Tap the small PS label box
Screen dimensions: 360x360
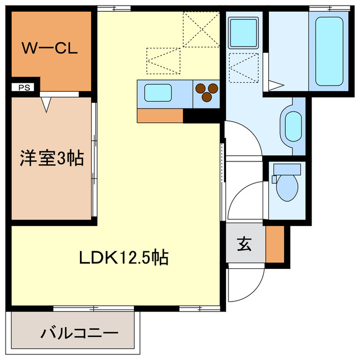click(25, 87)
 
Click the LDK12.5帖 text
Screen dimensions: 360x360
click(124, 258)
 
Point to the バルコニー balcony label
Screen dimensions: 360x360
click(79, 332)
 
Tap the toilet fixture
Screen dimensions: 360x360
click(287, 184)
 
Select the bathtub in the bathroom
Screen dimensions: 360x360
click(329, 51)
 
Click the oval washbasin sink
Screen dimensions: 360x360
click(293, 125)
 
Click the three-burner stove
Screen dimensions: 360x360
click(206, 92)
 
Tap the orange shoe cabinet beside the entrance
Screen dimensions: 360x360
click(275, 244)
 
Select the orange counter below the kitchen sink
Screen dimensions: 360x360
click(160, 115)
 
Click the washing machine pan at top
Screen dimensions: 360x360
click(244, 33)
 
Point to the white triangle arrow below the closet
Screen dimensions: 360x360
click(46, 103)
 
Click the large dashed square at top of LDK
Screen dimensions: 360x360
click(201, 29)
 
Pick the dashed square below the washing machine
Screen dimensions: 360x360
click(244, 68)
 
